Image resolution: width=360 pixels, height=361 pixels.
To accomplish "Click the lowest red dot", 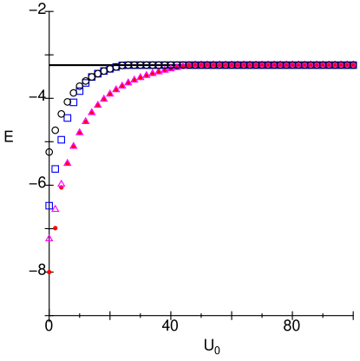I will click(x=49, y=272).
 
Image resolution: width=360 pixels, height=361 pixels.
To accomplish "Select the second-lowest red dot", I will click(x=56, y=228).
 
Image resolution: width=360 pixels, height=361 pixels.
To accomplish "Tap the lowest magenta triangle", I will click(x=49, y=238).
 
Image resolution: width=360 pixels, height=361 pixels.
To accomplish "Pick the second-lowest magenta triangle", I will click(x=56, y=209).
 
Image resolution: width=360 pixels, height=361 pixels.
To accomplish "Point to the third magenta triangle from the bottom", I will click(x=62, y=184).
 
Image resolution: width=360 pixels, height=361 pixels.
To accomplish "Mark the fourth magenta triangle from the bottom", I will click(x=68, y=163).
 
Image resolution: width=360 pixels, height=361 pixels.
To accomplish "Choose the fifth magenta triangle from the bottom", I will click(x=74, y=146).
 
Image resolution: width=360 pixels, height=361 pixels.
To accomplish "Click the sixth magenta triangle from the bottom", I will click(x=80, y=132).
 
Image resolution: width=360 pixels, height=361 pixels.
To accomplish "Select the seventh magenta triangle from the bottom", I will click(x=86, y=121).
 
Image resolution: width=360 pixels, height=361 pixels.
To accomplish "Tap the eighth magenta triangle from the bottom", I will click(x=92, y=112).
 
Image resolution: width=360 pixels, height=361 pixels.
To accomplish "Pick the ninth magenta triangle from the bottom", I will click(x=98, y=105).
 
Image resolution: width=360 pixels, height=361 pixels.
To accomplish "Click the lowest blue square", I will click(x=49, y=206).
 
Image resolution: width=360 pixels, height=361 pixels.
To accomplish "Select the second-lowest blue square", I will click(x=56, y=169).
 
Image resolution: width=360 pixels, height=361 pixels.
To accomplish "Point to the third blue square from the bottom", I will click(x=62, y=140).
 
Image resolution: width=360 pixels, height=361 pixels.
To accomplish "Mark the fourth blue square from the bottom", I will click(x=68, y=119).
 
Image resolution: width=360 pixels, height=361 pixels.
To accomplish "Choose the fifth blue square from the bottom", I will click(x=74, y=102).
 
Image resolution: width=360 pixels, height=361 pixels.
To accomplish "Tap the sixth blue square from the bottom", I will click(x=80, y=90).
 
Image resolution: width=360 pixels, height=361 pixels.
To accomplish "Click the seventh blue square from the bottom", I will click(x=86, y=82).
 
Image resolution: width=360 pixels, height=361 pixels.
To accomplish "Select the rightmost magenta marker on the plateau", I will click(x=353, y=65).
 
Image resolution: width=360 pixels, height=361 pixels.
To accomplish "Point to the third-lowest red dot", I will click(x=62, y=187).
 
